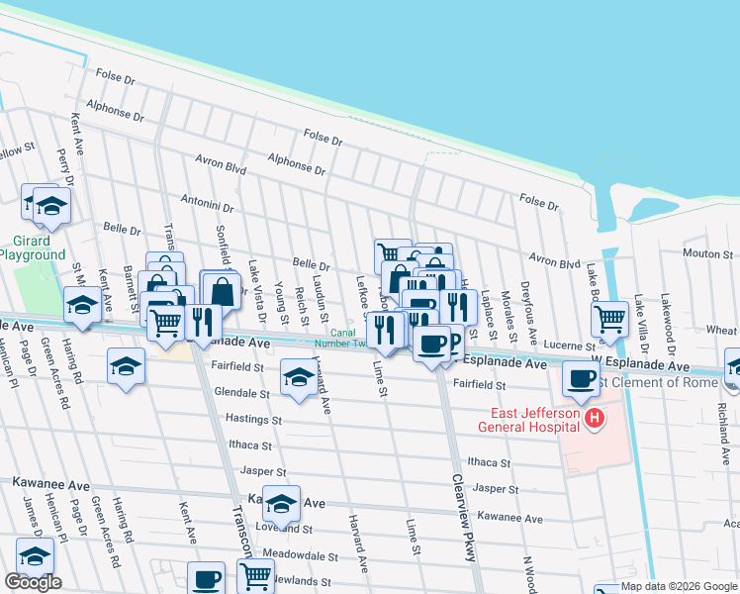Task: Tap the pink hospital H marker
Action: coord(594,420)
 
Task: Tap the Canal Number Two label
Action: coord(348,339)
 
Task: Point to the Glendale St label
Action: coord(242,393)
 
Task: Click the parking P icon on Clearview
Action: coord(453,342)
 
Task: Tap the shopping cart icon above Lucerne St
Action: coord(610,317)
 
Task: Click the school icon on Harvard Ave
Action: coord(299,376)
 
